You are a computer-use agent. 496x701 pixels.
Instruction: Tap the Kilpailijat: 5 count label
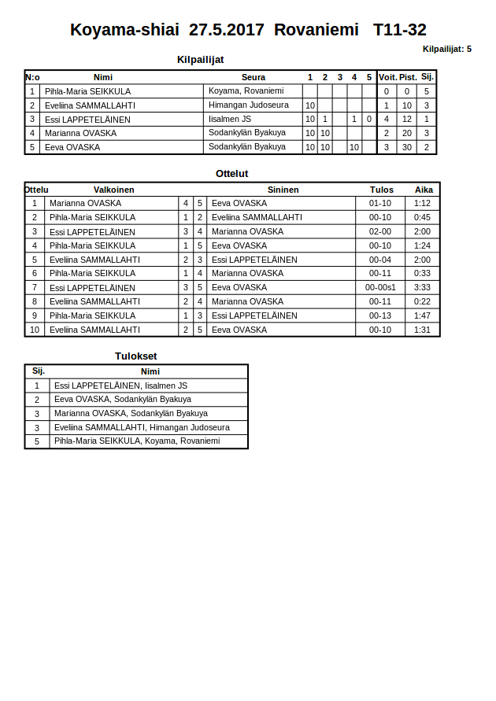click(446, 49)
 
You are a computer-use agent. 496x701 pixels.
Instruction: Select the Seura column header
click(254, 77)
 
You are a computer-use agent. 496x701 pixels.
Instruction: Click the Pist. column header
click(408, 77)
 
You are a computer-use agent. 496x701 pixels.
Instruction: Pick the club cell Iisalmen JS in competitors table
click(230, 119)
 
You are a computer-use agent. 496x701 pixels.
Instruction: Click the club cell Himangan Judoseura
click(248, 105)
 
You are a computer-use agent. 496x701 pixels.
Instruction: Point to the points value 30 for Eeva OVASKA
click(407, 147)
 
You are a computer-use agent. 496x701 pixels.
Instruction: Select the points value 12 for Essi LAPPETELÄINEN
click(407, 119)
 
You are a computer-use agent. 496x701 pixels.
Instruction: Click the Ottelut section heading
click(231, 173)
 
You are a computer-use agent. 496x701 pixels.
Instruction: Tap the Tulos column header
click(382, 190)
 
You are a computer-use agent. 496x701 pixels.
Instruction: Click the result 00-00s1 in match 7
click(380, 288)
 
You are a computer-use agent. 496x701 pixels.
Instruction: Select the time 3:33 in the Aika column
click(422, 288)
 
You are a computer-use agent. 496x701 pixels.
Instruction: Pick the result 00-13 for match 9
click(380, 315)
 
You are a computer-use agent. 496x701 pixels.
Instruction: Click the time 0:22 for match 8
click(422, 301)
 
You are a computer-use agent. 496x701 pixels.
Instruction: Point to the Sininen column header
click(283, 190)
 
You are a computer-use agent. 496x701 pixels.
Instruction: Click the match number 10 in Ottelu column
click(35, 330)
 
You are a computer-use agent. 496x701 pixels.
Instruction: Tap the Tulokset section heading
click(135, 356)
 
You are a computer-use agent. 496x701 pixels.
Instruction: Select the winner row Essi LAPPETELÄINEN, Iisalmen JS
click(120, 386)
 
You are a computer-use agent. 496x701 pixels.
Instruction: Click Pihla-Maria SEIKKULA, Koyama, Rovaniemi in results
click(137, 441)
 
